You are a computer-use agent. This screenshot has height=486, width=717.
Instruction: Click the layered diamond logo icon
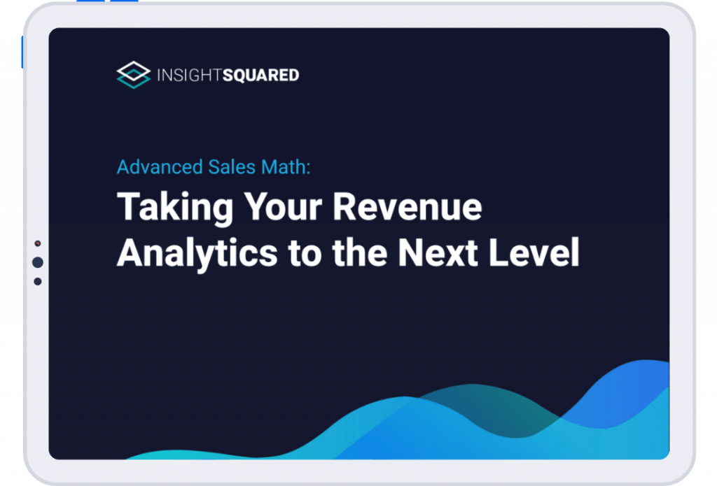133,75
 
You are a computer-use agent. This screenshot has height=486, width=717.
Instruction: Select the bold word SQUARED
260,75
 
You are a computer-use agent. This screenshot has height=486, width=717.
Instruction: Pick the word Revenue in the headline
407,208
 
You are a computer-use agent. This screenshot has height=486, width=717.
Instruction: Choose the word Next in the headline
450,253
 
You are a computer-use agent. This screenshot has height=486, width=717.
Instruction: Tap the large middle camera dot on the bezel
38,262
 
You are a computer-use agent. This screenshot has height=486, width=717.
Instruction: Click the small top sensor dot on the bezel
38,244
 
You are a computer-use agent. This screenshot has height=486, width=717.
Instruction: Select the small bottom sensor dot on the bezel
38,281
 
